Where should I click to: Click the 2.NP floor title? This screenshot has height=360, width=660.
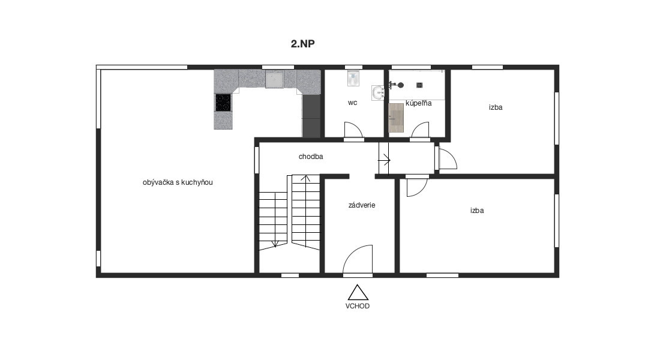tap(302, 43)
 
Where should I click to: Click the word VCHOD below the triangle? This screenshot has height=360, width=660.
tap(358, 306)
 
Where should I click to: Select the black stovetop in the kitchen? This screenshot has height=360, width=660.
tap(223, 103)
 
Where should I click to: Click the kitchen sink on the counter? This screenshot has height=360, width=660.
tap(274, 79)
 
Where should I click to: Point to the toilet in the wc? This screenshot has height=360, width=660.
tap(353, 78)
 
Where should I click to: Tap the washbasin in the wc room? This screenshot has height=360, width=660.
tap(378, 92)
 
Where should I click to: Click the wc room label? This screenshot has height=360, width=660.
tap(353, 103)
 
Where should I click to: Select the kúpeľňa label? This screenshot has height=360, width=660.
tap(418, 103)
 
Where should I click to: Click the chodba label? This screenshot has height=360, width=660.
tap(311, 157)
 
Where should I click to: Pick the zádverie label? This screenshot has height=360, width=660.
tap(362, 205)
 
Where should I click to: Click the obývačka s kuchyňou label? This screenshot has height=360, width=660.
tap(178, 182)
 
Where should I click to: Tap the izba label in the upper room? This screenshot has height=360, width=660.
tap(496, 107)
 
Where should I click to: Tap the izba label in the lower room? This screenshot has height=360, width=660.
tap(477, 211)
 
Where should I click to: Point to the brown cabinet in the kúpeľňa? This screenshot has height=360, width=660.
tap(396, 118)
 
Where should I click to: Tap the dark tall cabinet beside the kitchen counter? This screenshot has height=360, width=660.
tap(311, 116)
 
